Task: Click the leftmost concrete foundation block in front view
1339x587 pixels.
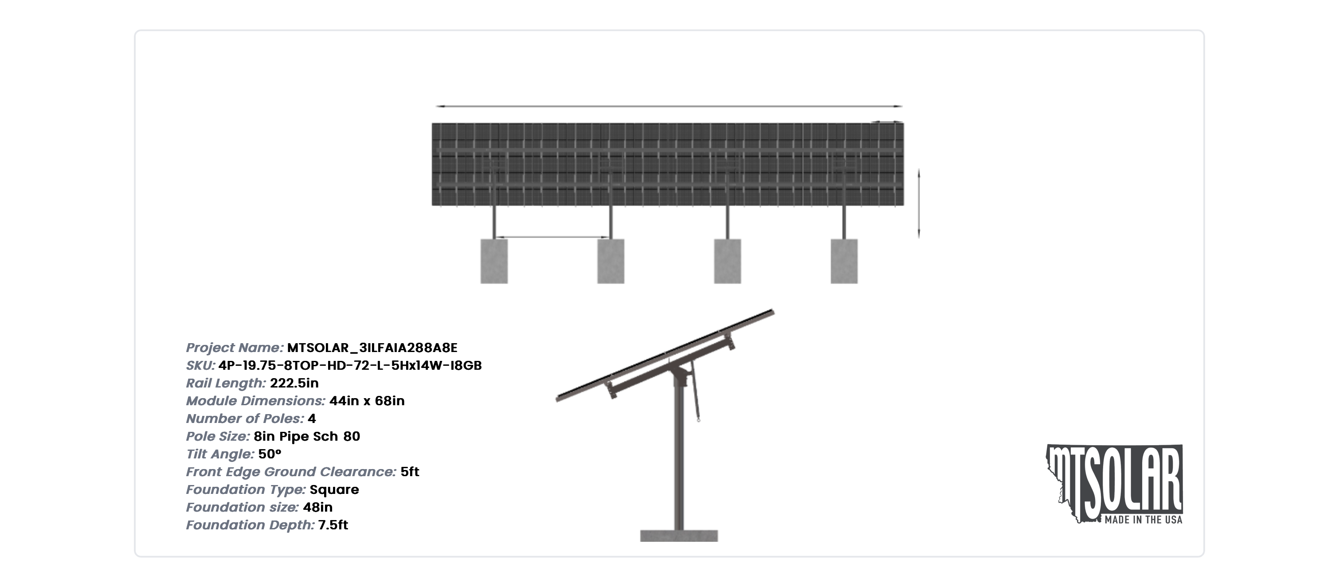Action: point(494,261)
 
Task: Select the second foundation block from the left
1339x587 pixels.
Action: point(611,261)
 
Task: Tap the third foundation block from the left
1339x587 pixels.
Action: point(727,261)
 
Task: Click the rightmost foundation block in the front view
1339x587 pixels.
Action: point(844,261)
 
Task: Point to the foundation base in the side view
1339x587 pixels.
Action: point(679,536)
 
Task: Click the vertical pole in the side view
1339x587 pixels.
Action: point(679,458)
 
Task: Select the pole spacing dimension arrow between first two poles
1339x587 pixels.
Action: point(552,238)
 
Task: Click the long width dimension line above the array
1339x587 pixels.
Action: point(669,106)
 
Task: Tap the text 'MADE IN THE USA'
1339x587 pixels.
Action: point(1143,520)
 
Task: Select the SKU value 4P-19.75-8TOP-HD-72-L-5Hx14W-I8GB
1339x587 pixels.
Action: point(350,365)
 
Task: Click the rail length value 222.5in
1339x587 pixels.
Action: point(294,383)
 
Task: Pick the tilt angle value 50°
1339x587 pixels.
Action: point(270,454)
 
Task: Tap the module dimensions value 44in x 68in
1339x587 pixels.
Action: point(367,400)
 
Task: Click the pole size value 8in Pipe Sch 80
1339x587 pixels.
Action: point(307,436)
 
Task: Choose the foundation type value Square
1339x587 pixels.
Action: point(334,489)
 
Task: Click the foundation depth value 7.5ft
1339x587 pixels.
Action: point(333,524)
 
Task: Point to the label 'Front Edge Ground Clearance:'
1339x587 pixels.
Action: point(291,472)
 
